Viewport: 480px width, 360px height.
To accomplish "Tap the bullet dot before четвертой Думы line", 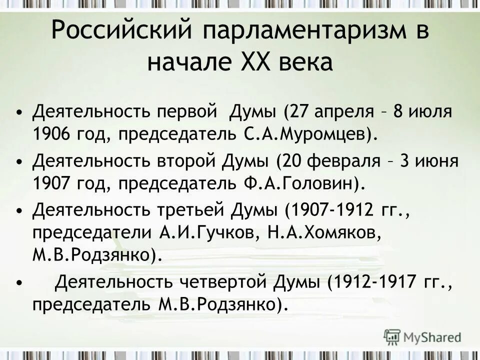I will (x=19, y=284).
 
